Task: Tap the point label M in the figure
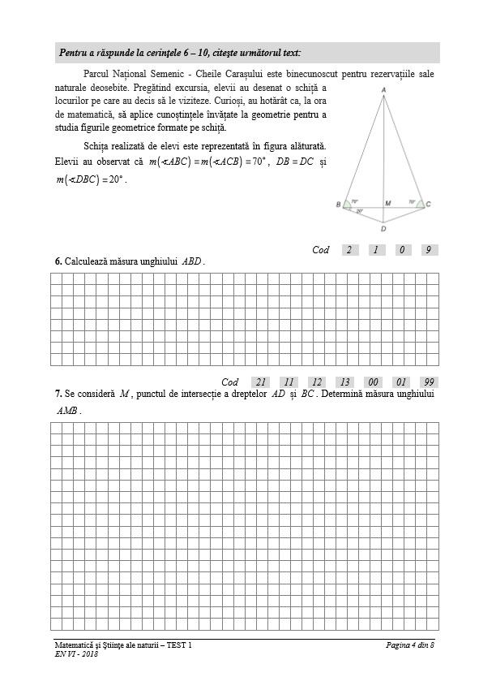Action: coord(387,202)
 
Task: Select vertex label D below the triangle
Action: coord(383,229)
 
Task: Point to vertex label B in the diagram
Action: coord(338,205)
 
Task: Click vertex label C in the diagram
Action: coord(428,205)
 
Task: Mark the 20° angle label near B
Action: coord(359,210)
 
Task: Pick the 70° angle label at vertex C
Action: coord(412,201)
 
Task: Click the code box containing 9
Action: coord(428,250)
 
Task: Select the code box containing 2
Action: coord(349,250)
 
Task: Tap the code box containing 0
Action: coord(402,250)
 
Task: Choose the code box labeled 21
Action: coord(260,382)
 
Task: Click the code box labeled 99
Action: coord(429,382)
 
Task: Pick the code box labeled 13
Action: coord(344,382)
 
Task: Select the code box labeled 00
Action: coord(373,382)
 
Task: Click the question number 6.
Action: coord(58,261)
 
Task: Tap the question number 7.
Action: coord(58,394)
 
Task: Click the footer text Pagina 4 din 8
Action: coord(410,645)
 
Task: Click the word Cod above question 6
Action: coord(321,250)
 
